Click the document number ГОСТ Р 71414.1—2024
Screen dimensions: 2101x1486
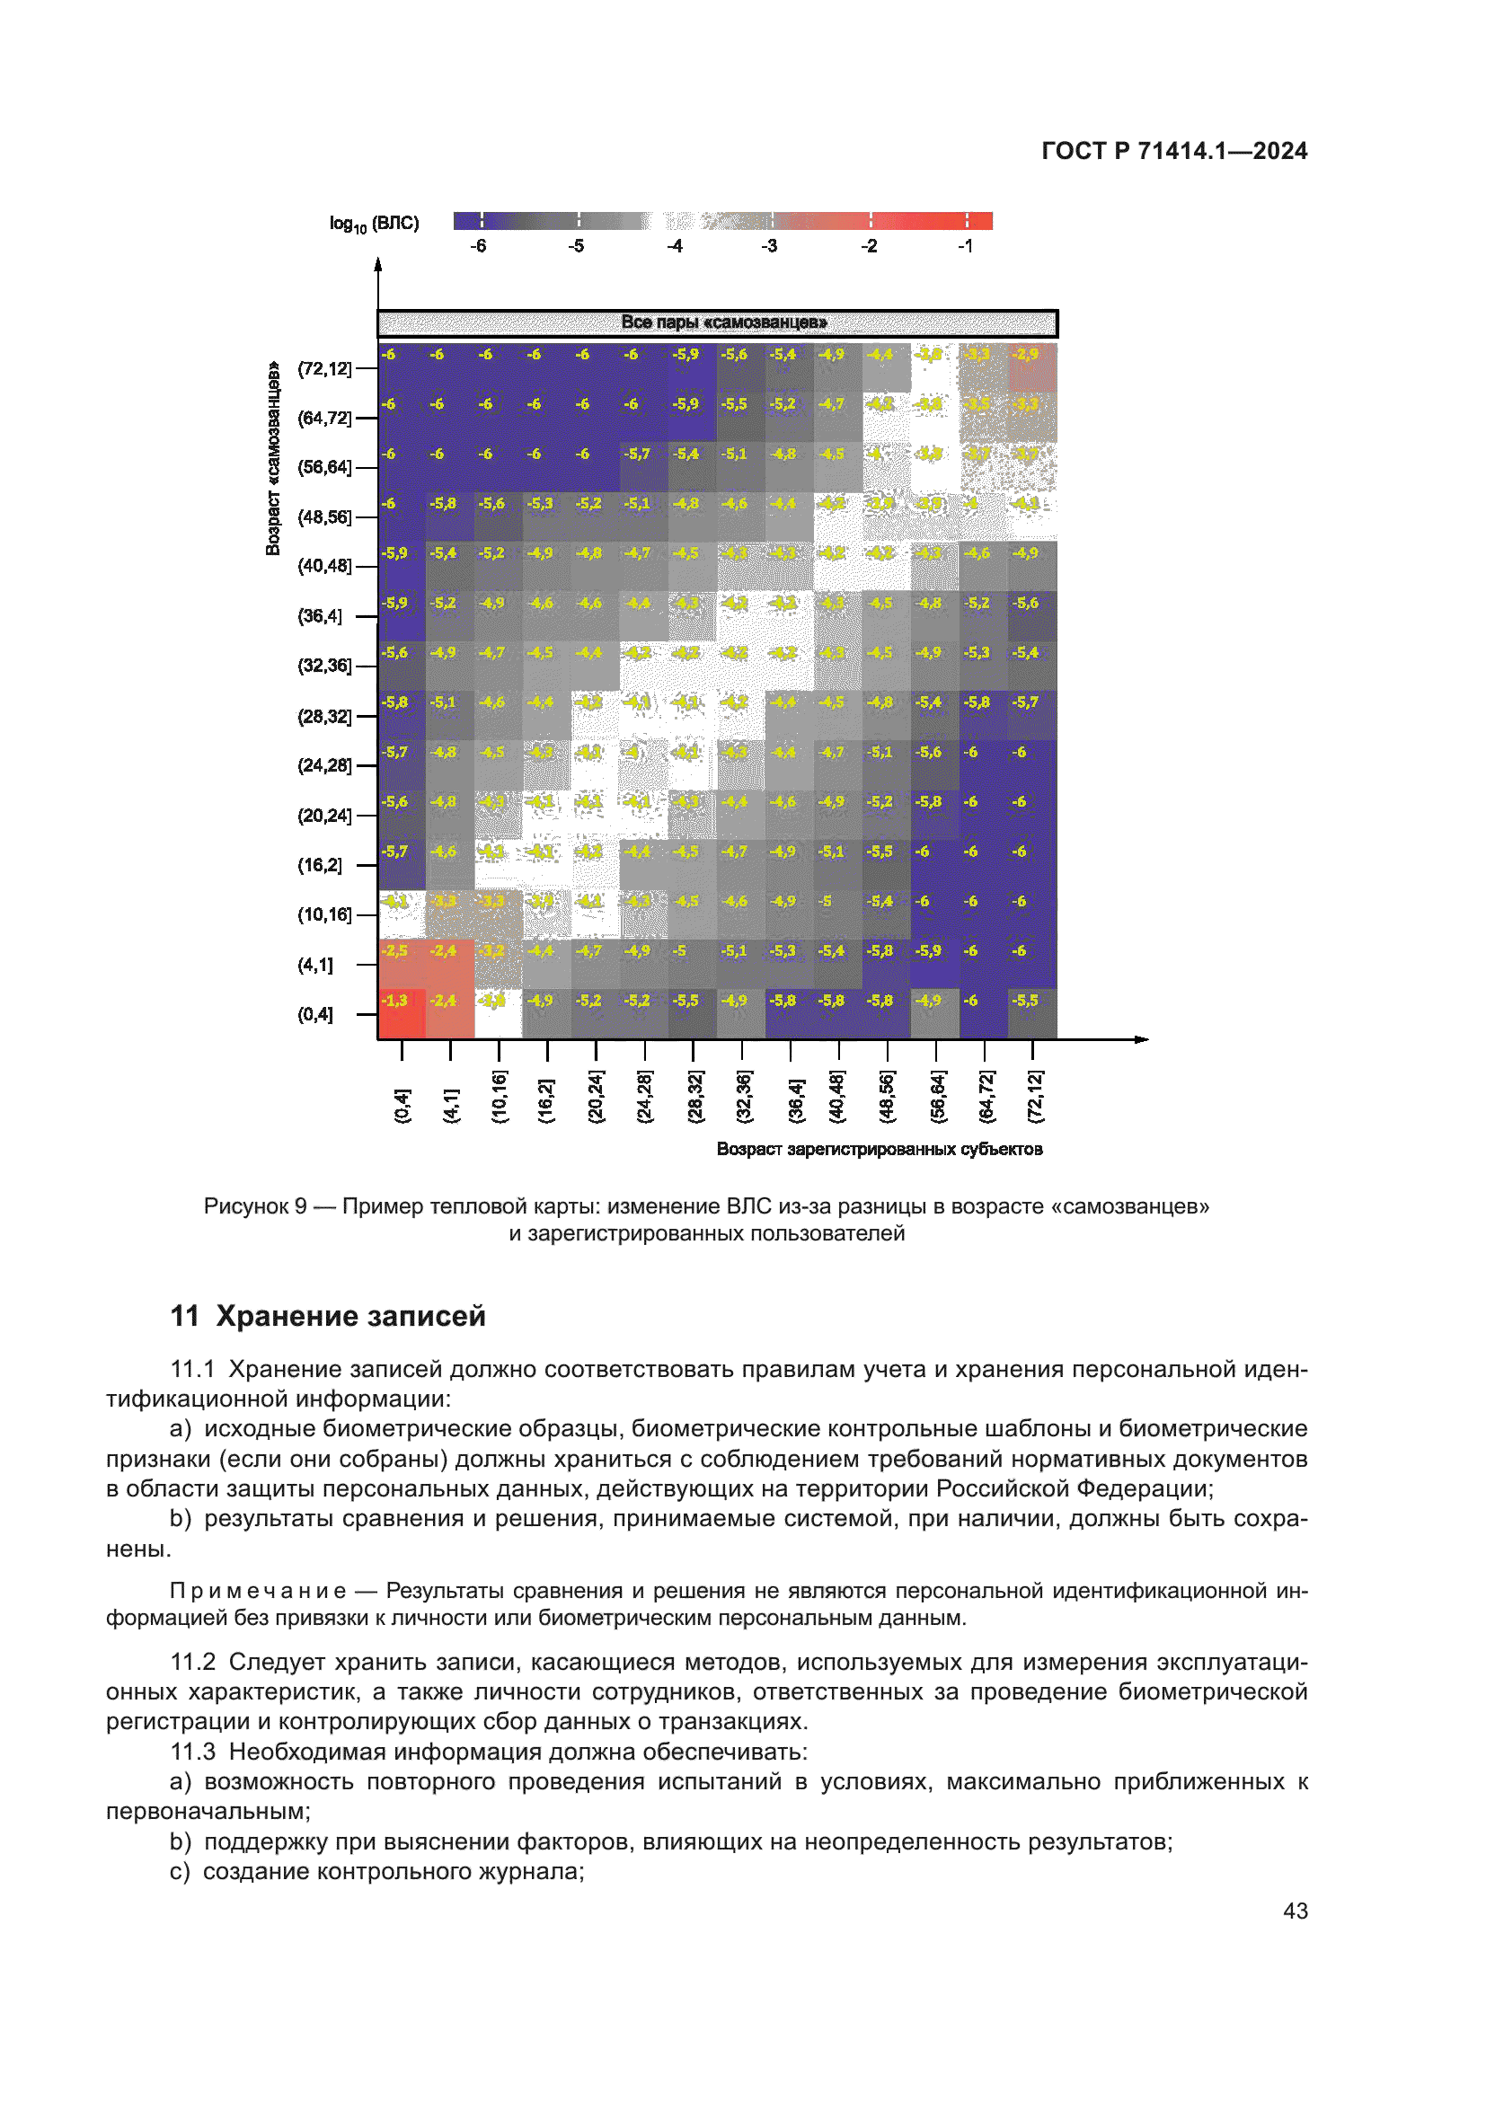coord(1174,151)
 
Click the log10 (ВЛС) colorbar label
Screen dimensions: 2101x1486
coord(375,224)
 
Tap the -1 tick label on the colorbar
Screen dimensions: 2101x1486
coord(964,246)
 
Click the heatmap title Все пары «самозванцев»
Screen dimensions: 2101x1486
coord(723,322)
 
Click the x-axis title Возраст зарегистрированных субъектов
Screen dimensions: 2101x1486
coord(879,1150)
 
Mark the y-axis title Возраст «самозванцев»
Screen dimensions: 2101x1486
coord(273,457)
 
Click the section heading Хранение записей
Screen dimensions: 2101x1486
coord(350,1316)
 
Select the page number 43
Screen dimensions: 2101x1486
coord(1295,1911)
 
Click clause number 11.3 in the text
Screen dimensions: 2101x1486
coord(192,1752)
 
